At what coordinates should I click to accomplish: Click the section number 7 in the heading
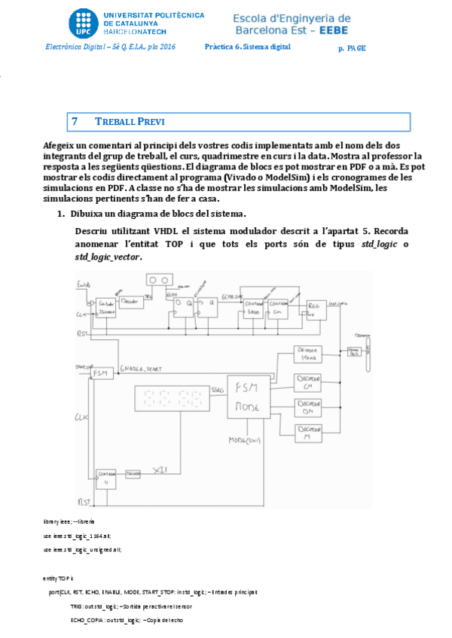click(75, 121)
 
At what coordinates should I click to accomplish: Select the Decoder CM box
click(308, 383)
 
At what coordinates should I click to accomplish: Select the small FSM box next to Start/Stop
click(100, 373)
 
